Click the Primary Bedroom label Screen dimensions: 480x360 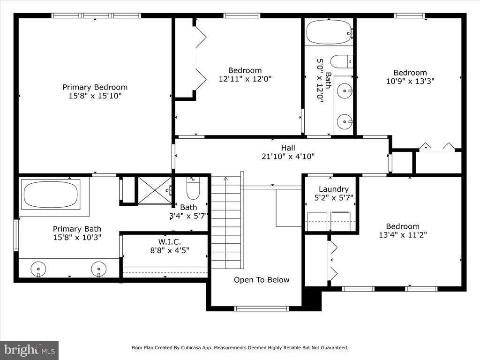click(x=95, y=87)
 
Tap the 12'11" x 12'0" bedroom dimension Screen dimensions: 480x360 click(x=245, y=79)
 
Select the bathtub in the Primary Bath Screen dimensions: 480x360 click(x=51, y=195)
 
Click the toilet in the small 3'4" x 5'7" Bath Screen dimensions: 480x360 click(x=193, y=188)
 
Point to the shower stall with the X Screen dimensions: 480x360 click(x=155, y=190)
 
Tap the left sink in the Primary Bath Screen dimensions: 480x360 click(x=38, y=270)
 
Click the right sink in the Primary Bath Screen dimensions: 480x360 click(x=98, y=270)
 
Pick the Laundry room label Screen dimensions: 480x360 click(x=334, y=189)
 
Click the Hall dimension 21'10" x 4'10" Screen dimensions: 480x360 click(x=288, y=157)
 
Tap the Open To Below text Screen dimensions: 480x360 click(x=262, y=280)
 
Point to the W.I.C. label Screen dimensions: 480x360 click(x=169, y=242)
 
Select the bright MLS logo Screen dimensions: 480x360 click(x=30, y=350)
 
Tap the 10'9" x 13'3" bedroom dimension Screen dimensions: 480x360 click(x=410, y=81)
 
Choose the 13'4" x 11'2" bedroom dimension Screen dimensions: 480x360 click(x=403, y=235)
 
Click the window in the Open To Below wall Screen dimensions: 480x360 click(x=262, y=308)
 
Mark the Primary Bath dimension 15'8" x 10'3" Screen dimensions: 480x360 click(x=77, y=237)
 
